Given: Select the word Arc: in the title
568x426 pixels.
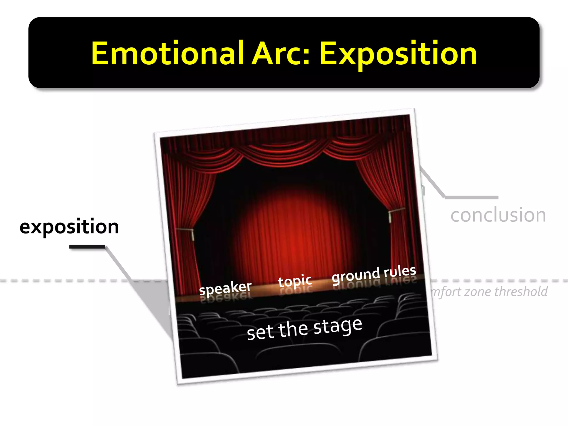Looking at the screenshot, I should pos(280,53).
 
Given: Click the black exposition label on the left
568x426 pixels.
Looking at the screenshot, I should pos(69,227).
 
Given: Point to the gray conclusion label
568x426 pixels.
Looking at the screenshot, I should pos(498,215).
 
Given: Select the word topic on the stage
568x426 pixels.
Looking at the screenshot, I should pos(295,281).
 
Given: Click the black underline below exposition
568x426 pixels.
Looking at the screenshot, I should pos(87,247).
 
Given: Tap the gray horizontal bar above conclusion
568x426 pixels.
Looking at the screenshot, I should pos(471,197).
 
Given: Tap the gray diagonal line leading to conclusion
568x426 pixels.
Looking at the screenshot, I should pos(432,182).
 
